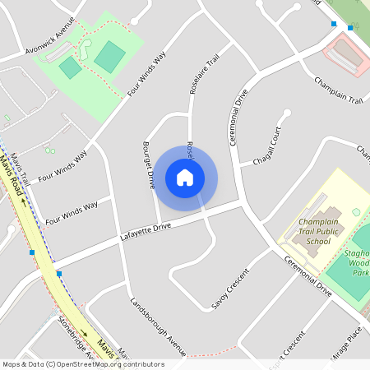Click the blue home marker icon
coord(185,177)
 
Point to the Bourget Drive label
coord(149,165)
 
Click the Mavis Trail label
coord(22,165)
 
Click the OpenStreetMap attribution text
coord(83,363)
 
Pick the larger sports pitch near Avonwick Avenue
coord(109,57)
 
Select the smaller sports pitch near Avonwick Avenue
coord(71,67)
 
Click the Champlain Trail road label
coord(338,90)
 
